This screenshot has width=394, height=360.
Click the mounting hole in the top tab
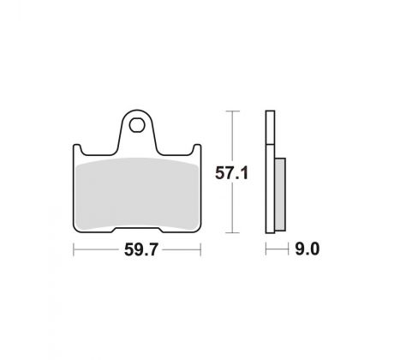coord(136,125)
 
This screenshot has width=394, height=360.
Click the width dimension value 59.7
coord(140,249)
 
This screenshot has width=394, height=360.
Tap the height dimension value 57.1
coord(231,173)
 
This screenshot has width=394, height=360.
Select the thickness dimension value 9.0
coord(307,249)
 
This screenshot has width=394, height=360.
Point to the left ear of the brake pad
coord(77,149)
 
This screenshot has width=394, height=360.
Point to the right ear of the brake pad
coord(197,149)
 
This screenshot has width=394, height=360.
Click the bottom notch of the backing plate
coord(137,230)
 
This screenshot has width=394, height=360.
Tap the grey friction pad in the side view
coord(280,195)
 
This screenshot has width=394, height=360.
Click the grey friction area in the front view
coord(137,195)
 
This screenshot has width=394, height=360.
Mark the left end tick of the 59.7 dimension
coord(74,249)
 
